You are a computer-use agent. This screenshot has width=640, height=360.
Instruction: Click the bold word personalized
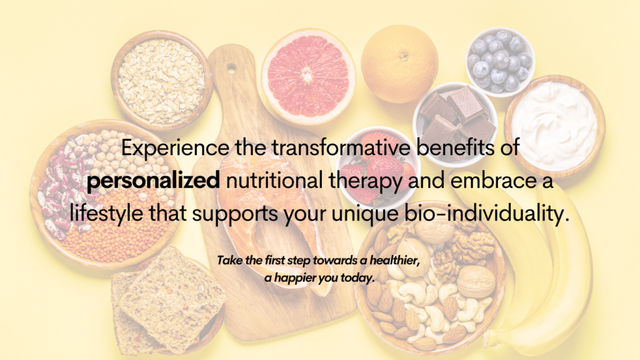[153, 181]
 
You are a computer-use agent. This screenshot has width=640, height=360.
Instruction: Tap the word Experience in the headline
[175, 148]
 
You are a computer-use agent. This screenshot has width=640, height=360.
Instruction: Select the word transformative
[341, 147]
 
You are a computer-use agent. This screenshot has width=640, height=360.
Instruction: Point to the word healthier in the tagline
[395, 261]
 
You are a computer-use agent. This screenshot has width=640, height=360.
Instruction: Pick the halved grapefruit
[308, 76]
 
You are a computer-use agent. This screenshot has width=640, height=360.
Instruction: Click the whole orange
[399, 63]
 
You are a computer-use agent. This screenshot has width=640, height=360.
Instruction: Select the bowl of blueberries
[500, 61]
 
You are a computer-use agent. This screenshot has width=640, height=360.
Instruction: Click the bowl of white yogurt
[555, 126]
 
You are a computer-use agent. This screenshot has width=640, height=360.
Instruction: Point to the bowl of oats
[162, 81]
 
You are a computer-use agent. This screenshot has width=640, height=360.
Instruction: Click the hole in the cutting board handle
[231, 68]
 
